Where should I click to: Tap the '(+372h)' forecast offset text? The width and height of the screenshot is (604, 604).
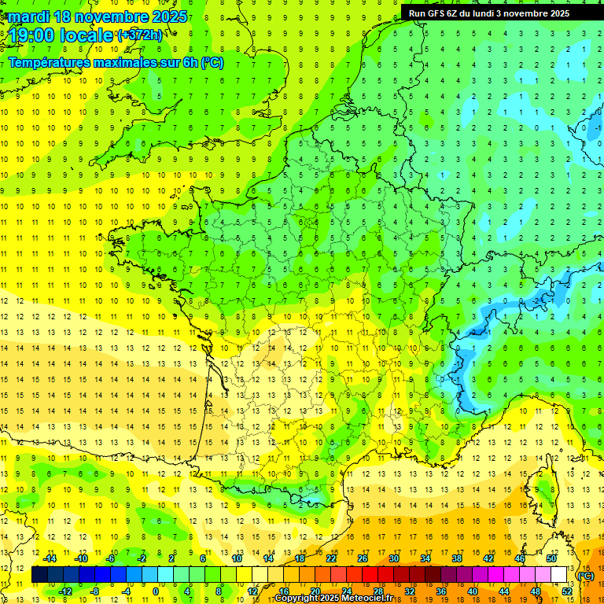click(140, 35)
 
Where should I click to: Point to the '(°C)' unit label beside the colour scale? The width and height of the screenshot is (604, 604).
click(585, 575)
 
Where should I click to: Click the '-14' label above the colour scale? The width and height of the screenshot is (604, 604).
click(49, 558)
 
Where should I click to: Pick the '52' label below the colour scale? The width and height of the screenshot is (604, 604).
click(566, 591)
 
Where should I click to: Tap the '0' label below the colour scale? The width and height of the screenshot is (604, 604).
click(156, 591)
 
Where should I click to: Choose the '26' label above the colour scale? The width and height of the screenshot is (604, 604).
click(363, 558)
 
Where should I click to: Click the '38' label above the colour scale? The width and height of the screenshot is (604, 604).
click(456, 558)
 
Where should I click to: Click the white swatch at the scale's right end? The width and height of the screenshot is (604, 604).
click(559, 575)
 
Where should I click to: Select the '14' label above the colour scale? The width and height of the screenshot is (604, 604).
click(268, 558)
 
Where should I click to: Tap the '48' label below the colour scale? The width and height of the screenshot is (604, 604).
click(535, 591)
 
